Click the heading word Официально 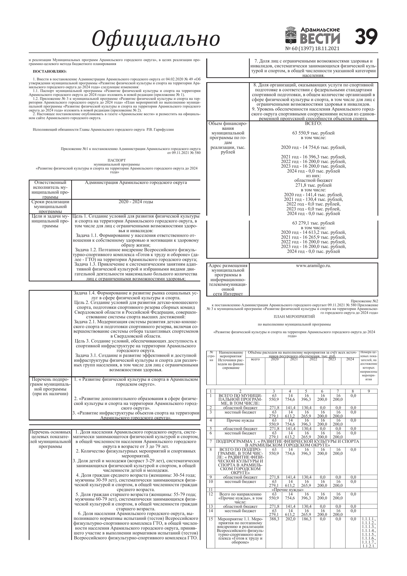[x=156, y=39]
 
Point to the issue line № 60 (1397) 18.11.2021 [x=312, y=49]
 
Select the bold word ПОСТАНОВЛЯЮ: [x=50, y=72]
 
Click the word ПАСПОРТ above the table [x=117, y=160]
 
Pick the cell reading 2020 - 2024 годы [x=136, y=202]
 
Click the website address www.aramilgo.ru [x=313, y=266]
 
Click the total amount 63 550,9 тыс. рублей [x=313, y=133]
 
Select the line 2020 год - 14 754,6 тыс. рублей [x=313, y=147]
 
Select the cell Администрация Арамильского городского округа [x=136, y=183]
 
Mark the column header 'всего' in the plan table [x=255, y=359]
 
